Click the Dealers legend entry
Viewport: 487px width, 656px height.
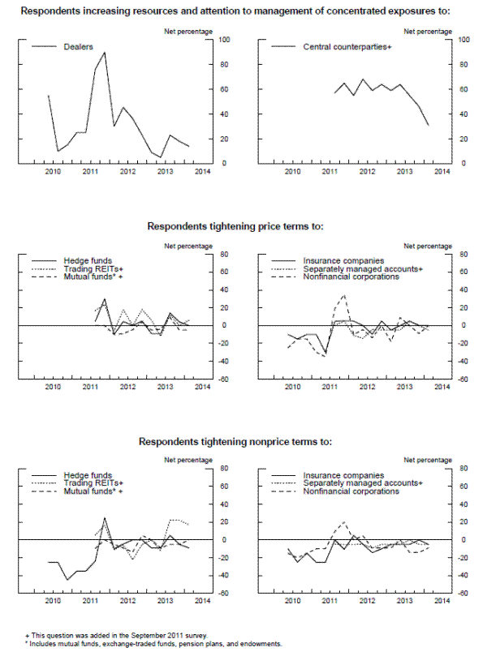[78, 47]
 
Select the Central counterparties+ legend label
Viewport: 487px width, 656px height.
[347, 47]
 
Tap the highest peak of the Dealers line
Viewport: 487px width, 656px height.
[104, 53]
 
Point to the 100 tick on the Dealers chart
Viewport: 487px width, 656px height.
[225, 40]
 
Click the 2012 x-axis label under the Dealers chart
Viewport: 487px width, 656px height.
[127, 172]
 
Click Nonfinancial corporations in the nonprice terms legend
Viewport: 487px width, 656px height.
[352, 491]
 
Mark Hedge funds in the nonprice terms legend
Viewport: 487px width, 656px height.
[87, 475]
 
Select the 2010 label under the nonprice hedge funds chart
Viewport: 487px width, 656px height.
[54, 601]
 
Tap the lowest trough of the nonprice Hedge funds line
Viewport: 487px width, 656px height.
[67, 579]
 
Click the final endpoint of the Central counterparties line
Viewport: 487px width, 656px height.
[429, 125]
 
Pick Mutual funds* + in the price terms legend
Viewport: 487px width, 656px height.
[93, 277]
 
